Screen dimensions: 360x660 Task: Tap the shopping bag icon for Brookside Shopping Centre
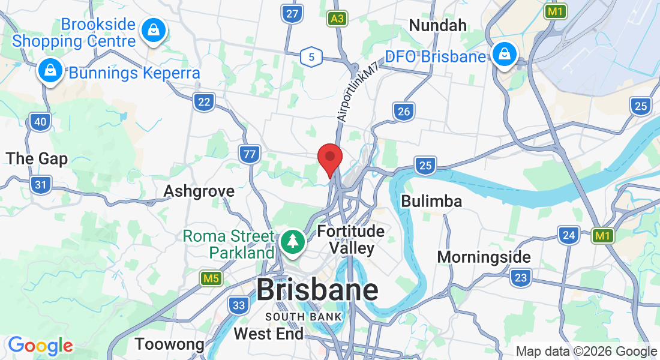tap(154, 29)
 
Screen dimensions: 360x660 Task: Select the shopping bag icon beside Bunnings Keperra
tap(50, 71)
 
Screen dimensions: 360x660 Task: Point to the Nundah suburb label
tap(437, 25)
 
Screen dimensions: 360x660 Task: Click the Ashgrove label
tap(199, 191)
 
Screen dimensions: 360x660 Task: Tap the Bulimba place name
tap(431, 201)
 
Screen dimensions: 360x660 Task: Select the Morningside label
tap(484, 257)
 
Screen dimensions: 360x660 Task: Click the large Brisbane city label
tap(317, 290)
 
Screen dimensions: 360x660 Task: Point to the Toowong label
tap(170, 344)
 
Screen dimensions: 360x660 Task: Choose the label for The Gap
tap(37, 158)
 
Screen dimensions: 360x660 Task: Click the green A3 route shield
tap(338, 19)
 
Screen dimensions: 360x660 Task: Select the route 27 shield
tap(292, 14)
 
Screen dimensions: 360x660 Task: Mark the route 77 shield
tap(249, 154)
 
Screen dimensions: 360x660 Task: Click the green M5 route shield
tap(211, 278)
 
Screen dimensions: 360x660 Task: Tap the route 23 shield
tap(521, 277)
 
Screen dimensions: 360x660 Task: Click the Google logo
tap(41, 346)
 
